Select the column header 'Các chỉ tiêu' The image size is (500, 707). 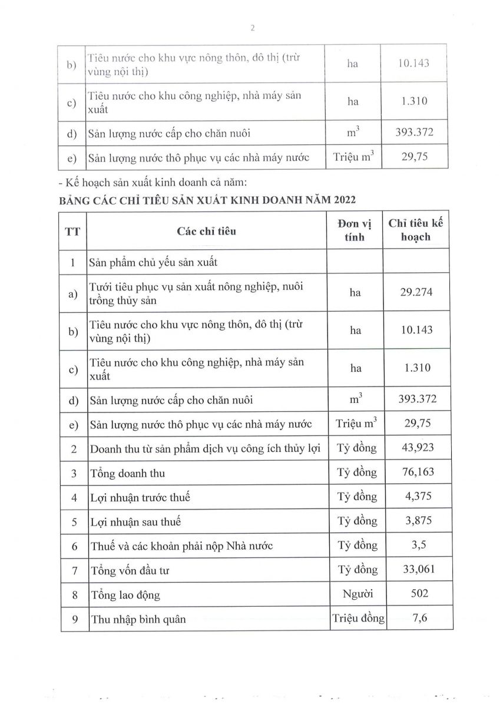coord(207,231)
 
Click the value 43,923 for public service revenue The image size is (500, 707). coord(417,448)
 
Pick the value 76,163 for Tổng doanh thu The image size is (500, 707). coord(417,473)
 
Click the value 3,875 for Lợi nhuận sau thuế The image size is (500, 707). coord(417,521)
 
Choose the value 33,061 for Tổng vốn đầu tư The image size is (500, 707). coord(417,570)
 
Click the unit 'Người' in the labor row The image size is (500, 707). coord(357,594)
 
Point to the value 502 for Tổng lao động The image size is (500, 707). coord(417,594)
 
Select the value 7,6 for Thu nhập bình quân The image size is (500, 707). coord(417,619)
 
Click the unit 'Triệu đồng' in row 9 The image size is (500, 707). coord(358,619)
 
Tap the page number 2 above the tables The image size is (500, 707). coord(252,28)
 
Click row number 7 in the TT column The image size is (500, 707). coord(74,570)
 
